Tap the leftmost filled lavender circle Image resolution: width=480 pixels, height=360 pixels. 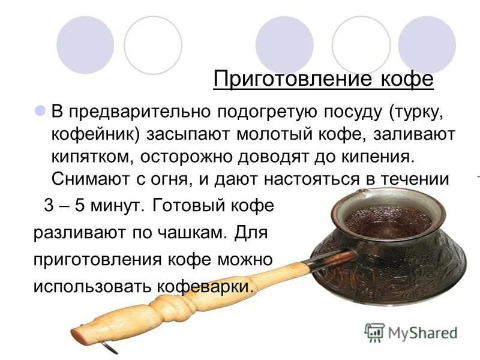coord(85,44)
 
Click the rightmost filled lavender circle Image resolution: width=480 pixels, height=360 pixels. coord(427,44)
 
